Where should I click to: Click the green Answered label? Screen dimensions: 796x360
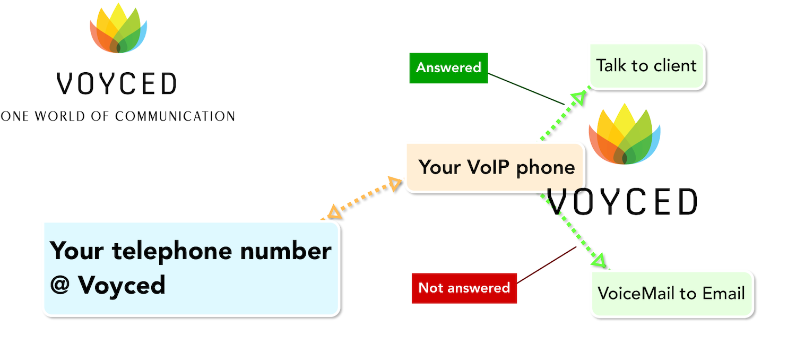[x=448, y=68]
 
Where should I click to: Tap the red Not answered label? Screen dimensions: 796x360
[x=464, y=288]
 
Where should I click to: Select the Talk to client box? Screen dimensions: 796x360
[x=647, y=66]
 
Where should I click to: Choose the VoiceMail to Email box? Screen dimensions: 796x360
[x=672, y=294]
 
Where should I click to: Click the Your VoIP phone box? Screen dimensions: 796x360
[x=495, y=167]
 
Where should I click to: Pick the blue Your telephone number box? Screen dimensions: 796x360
[x=192, y=269]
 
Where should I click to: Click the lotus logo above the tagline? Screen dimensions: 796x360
[x=118, y=28]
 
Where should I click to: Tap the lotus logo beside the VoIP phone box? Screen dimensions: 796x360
[x=625, y=134]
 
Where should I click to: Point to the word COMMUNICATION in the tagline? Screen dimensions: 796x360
[x=175, y=116]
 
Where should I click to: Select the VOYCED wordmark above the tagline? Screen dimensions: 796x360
[x=117, y=83]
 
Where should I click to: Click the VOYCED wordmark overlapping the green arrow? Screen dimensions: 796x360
[x=622, y=202]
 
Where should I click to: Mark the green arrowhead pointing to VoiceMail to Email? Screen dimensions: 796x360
[x=599, y=260]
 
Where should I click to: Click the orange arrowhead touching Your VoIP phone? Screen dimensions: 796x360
[x=394, y=183]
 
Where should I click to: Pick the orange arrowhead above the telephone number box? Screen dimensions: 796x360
[x=334, y=212]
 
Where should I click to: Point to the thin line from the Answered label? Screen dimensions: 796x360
[x=526, y=89]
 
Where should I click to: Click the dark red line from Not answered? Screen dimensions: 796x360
[x=547, y=265]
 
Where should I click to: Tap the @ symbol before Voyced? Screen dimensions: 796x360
[x=59, y=285]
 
